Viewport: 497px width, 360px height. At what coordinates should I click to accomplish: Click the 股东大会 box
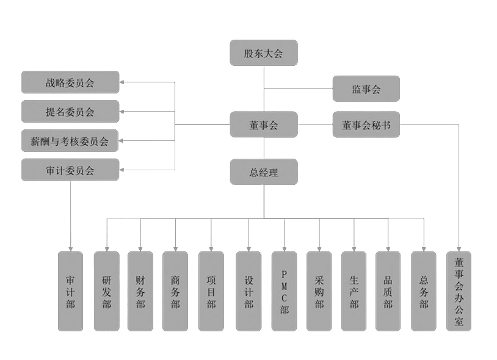coord(263,53)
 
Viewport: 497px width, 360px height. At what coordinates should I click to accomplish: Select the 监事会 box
coord(366,89)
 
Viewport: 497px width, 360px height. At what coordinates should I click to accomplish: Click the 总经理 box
coord(263,172)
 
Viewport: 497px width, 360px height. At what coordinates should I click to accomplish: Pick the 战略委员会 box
coord(70,82)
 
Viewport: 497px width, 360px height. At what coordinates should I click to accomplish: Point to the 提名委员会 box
coord(70,112)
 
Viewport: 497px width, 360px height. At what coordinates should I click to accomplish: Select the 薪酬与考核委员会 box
coord(70,142)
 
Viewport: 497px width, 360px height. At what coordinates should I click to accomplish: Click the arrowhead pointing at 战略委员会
coord(123,82)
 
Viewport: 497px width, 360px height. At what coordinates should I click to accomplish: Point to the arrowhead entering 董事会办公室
coord(459,247)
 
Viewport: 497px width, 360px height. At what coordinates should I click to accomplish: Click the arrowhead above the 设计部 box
coord(248,247)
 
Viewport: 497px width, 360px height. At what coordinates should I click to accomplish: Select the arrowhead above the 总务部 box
coord(423,247)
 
